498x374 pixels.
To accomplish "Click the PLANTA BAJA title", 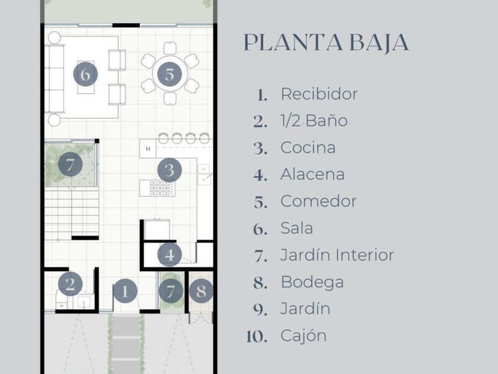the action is (325, 43).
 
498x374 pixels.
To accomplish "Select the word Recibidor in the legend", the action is (319, 94).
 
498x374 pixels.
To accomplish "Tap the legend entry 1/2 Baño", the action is (314, 121).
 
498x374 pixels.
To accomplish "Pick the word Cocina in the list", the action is (308, 148).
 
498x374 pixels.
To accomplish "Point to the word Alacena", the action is (312, 175).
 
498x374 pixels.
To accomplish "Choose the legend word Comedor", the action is (318, 201).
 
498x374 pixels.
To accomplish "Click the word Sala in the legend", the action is (296, 228).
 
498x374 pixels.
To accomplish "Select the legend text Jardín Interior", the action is (337, 255).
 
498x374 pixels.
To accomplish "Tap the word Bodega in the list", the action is (312, 282).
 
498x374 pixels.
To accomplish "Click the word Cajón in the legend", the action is (303, 335).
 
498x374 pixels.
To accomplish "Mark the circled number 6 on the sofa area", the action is (85, 75).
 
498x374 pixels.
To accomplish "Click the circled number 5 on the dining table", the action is (170, 75).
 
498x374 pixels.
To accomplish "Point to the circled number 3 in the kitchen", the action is (169, 170).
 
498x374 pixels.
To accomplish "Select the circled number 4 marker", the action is (170, 255).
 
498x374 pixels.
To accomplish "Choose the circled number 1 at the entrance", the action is (125, 291).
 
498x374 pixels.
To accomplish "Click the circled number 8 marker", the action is (201, 291).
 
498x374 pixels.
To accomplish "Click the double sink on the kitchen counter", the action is (204, 173).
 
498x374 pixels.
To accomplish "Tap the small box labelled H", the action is (148, 148).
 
